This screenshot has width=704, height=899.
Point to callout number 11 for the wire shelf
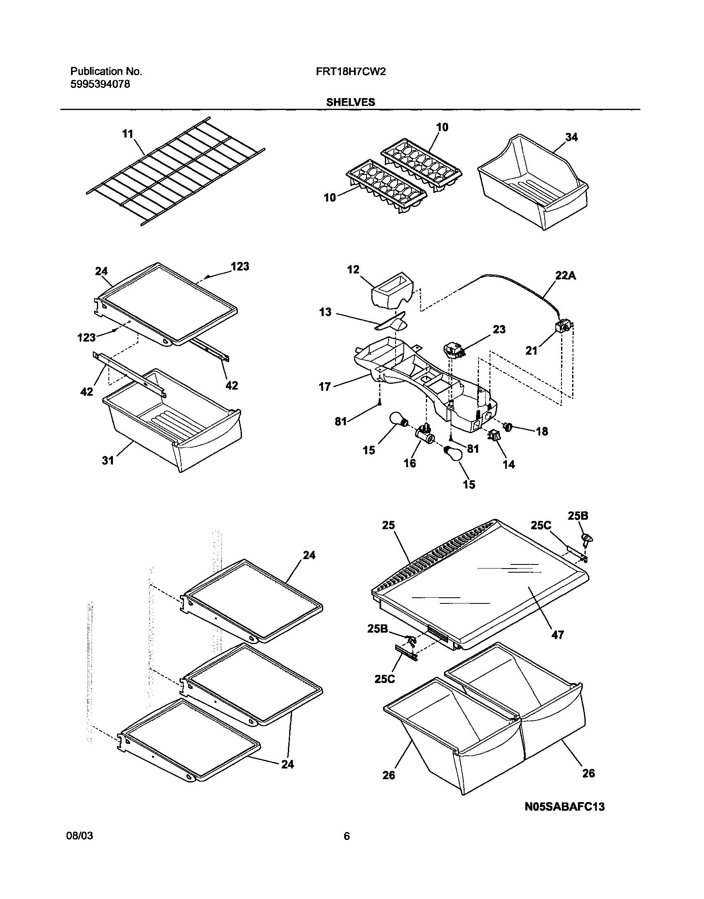pos(128,134)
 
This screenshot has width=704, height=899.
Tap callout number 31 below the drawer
pos(108,460)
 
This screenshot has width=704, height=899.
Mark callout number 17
pos(325,386)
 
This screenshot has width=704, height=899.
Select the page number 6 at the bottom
pos(347,836)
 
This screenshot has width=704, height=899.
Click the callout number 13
pos(325,312)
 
